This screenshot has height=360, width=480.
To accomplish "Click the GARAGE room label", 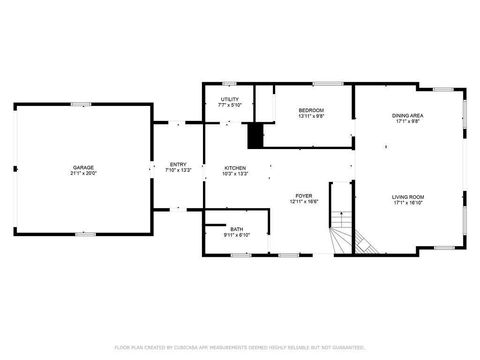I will point(83,166).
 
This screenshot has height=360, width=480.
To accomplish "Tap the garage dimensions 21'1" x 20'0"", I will point(83,172).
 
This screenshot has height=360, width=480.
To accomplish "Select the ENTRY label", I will point(178,164).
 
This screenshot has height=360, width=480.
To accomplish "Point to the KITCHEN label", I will point(235,167).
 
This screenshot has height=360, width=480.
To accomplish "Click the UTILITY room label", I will point(229,99).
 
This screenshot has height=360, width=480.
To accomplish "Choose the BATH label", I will point(236,229).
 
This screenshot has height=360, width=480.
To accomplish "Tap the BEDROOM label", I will point(312,110).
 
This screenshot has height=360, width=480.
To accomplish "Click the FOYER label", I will point(304,195).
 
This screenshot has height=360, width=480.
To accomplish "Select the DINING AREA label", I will point(407,115).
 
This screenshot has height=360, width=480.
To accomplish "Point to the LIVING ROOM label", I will point(407,197).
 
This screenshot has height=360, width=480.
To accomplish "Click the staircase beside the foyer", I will point(351,239).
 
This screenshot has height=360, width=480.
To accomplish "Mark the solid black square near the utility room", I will point(256,134).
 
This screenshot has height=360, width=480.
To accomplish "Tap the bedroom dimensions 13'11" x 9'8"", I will point(312,116).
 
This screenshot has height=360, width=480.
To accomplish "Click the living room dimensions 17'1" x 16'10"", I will point(407,203).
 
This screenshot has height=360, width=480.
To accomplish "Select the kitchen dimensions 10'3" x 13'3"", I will point(235,173).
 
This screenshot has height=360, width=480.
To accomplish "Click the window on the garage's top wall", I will point(81,103).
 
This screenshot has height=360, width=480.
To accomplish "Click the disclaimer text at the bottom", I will point(240,347).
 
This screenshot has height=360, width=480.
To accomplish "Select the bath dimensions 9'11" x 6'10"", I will point(236,235).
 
